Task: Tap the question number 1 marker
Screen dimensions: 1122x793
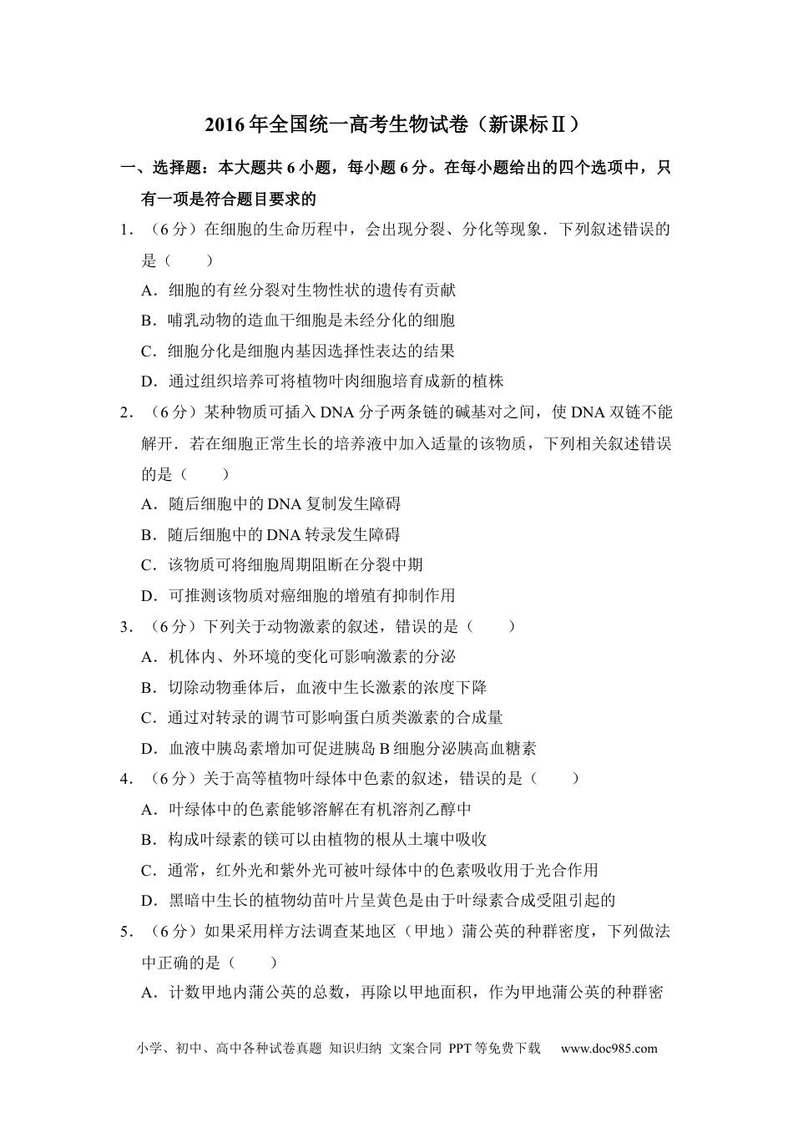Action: point(124,230)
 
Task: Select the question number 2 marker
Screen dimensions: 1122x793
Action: point(124,412)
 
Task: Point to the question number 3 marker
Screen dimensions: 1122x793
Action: point(124,626)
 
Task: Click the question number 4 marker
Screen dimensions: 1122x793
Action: point(124,779)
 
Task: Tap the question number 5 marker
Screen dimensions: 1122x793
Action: point(124,931)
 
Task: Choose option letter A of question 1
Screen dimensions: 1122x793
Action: point(149,291)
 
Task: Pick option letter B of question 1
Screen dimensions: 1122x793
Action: point(149,321)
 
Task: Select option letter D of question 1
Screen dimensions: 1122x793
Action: point(149,382)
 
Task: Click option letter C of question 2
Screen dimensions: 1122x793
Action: point(149,565)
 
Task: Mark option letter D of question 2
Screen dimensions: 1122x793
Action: point(149,596)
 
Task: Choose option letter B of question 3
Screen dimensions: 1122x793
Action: point(149,688)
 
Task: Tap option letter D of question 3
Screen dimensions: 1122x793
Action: point(149,749)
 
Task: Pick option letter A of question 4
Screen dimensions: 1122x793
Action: point(149,810)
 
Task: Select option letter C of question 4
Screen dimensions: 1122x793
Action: point(149,871)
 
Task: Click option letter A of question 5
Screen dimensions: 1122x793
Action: point(149,993)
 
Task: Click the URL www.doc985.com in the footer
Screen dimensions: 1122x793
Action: point(609,1049)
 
